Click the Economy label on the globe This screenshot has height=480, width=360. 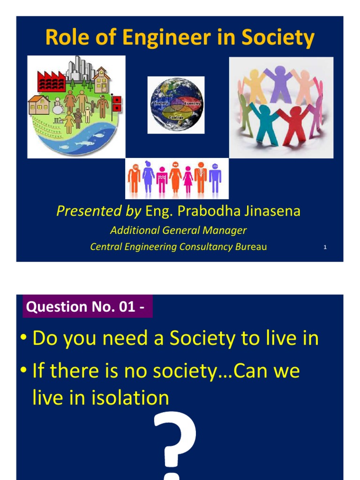click(x=191, y=103)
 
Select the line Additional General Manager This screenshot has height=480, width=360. click(x=178, y=231)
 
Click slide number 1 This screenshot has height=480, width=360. click(x=325, y=247)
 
